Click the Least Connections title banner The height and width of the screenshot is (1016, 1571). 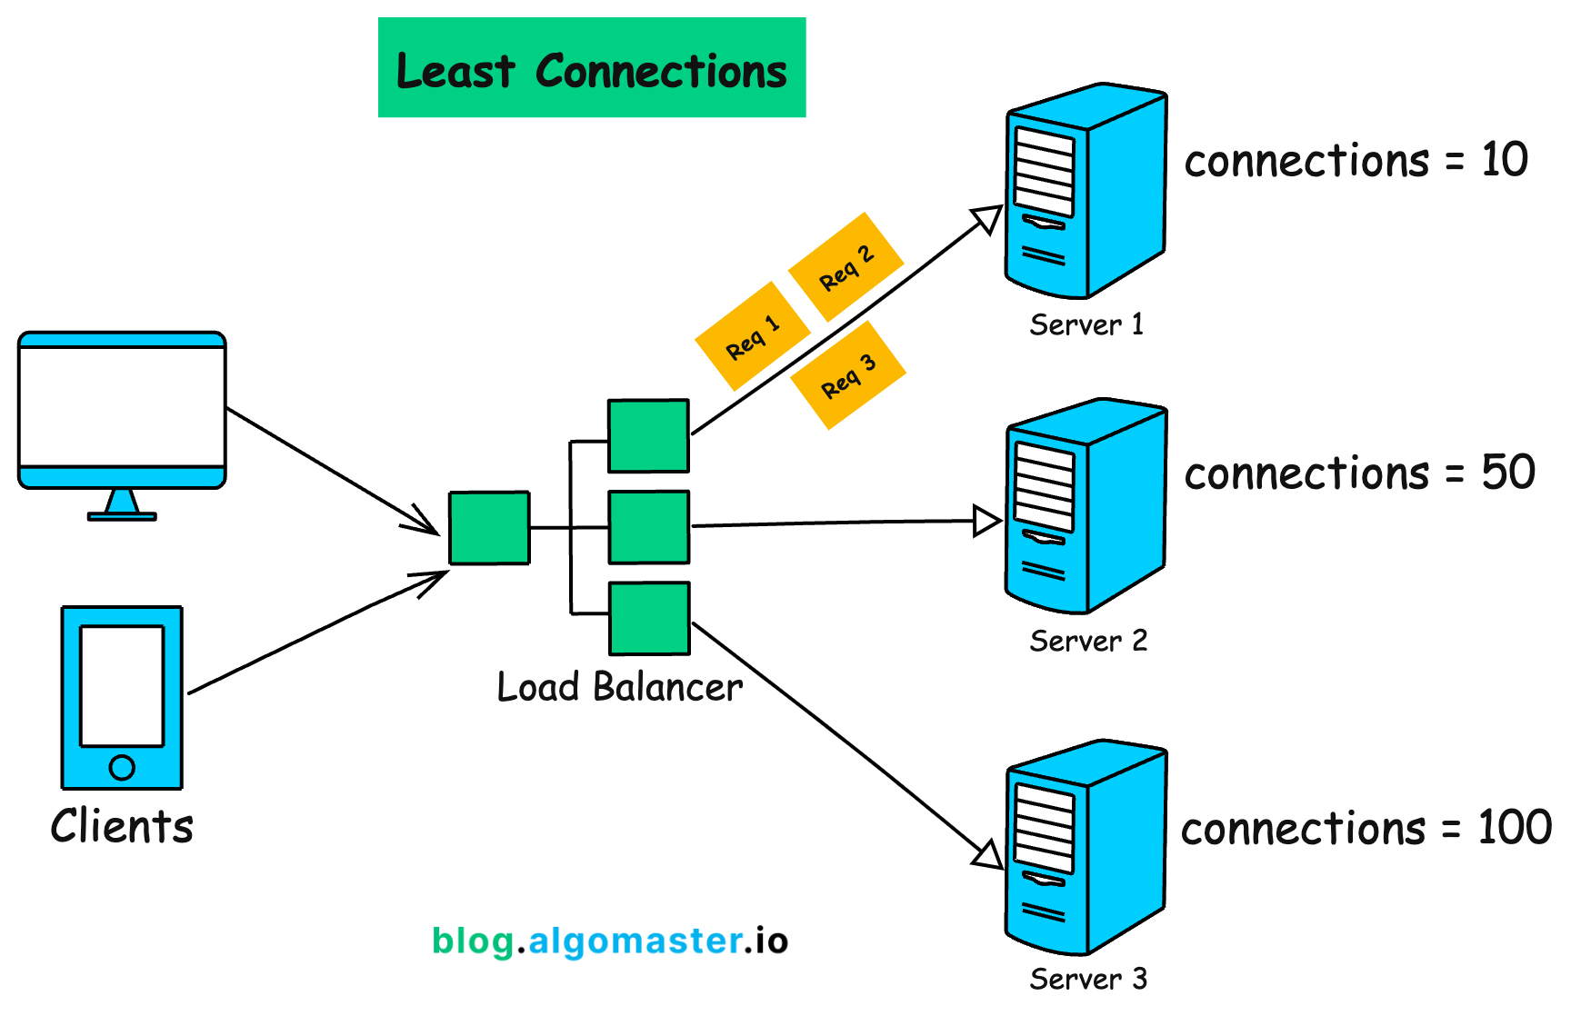coord(592,67)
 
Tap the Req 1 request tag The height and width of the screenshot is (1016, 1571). coord(753,336)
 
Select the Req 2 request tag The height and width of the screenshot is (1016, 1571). coord(846,267)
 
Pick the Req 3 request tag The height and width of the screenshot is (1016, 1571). coord(848,374)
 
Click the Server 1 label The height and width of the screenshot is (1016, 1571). coord(1086,324)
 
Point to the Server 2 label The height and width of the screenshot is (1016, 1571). coord(1088,641)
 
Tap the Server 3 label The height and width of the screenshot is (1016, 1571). coord(1088,979)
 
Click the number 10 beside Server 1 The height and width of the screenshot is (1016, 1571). coord(1505,160)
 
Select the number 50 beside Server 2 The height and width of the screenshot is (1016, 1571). coord(1508,473)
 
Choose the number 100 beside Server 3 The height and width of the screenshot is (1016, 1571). coord(1515,827)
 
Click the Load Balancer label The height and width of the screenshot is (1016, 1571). coord(620,687)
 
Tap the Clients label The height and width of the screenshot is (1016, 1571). coord(122,826)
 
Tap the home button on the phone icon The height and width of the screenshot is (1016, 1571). coord(122,768)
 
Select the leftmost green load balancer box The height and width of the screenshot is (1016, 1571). coord(489,528)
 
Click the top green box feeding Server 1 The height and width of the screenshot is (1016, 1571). coord(648,436)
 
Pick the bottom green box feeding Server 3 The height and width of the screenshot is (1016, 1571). coord(649,619)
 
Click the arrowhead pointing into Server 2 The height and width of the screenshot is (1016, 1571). coord(987,521)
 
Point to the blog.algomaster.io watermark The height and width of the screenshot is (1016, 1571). coord(610,941)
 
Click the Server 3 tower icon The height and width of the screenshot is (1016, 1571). coord(1086,847)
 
